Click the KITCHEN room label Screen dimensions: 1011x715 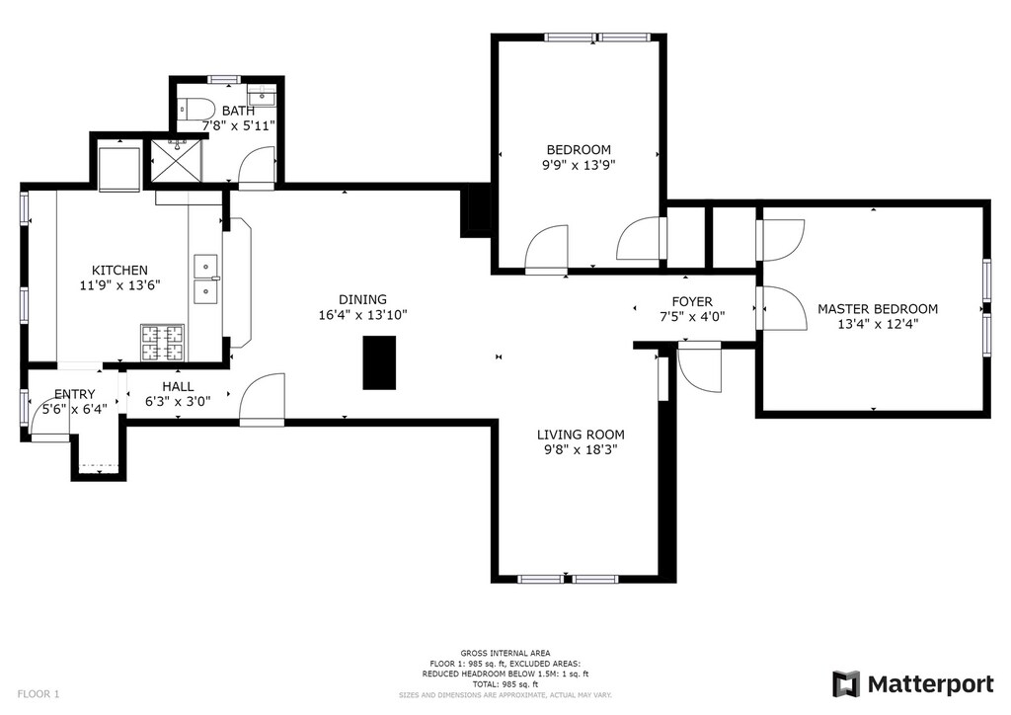[119, 271]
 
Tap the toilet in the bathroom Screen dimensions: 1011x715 [196, 109]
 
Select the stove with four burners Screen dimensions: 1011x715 [163, 343]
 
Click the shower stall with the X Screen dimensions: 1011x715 [176, 161]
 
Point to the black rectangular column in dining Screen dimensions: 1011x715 [379, 362]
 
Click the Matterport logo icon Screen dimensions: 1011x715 [846, 684]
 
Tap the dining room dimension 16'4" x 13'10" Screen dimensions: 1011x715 [363, 315]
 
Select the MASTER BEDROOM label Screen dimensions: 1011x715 [878, 309]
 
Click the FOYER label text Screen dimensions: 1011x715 [692, 302]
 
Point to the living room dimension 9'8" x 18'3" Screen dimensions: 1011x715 [581, 450]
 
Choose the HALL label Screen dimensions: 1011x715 [178, 386]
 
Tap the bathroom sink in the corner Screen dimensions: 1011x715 [262, 95]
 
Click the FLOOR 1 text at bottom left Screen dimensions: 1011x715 [39, 694]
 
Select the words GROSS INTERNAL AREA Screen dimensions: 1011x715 [505, 653]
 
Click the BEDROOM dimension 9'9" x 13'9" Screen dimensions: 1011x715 [579, 164]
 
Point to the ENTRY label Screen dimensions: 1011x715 [74, 394]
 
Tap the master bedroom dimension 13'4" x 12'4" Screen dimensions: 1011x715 [878, 324]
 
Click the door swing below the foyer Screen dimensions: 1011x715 [700, 370]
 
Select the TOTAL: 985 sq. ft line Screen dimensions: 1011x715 [505, 684]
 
